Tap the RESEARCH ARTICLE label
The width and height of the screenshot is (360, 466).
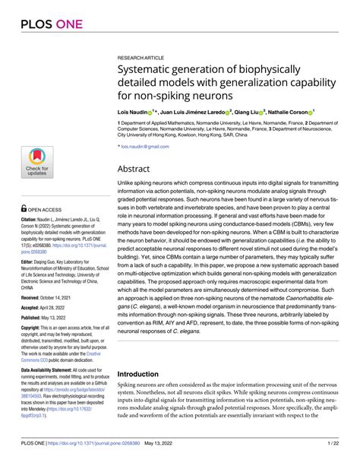pyautogui.click(x=142, y=57)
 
